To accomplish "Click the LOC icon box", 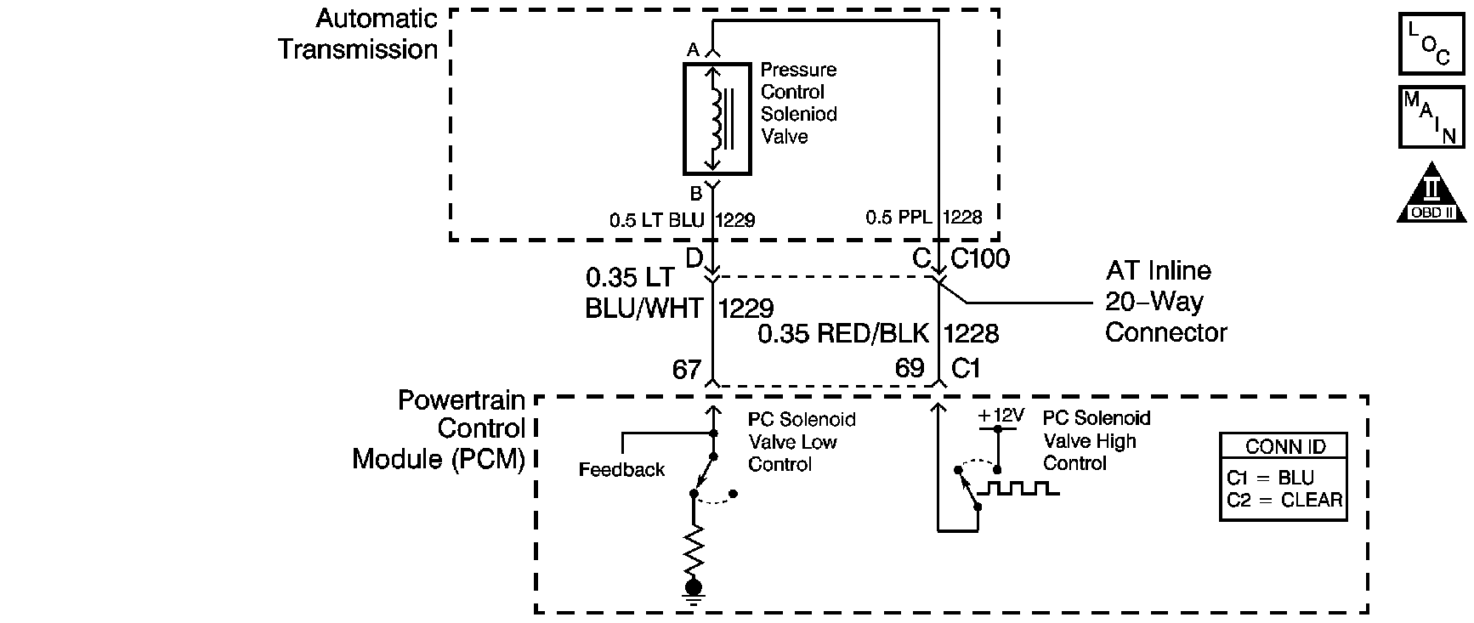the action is click(1431, 42).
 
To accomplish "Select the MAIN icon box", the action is click(1431, 116).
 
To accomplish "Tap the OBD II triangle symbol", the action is click(1431, 193).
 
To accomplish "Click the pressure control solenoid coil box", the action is click(717, 117).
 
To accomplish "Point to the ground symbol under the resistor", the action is click(694, 592).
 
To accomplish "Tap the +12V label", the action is click(1001, 416).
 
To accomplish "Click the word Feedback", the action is click(621, 470).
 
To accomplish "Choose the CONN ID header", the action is click(1284, 447).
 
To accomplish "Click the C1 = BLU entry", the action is click(1270, 478).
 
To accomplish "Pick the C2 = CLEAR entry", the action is click(1284, 500).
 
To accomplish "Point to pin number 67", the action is click(687, 369).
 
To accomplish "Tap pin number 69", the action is click(910, 368).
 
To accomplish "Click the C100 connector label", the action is click(980, 258).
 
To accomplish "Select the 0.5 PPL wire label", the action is click(899, 218).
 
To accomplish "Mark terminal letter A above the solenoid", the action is click(693, 51).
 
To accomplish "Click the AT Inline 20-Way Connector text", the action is click(1165, 302).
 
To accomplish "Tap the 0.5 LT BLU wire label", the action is click(657, 220).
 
